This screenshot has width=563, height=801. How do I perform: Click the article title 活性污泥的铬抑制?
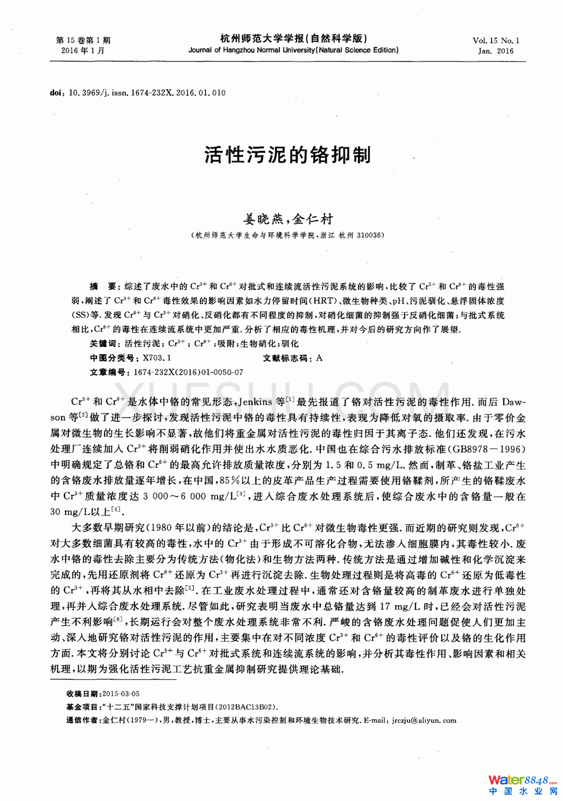click(x=287, y=155)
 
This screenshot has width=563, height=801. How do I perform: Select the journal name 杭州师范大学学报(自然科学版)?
click(x=293, y=38)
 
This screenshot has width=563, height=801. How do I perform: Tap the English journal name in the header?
click(x=293, y=50)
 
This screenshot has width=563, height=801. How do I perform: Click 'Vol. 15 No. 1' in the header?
click(x=496, y=41)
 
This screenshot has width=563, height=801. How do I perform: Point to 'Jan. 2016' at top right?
click(x=496, y=51)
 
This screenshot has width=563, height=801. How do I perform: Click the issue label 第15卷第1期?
click(x=83, y=41)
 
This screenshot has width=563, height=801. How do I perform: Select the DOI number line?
click(x=138, y=93)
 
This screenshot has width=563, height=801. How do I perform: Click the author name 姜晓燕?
click(x=262, y=219)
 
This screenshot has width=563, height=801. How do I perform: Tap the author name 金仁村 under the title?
click(x=313, y=219)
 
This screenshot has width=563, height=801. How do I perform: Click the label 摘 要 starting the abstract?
click(x=103, y=286)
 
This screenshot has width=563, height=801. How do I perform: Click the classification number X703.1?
click(x=157, y=358)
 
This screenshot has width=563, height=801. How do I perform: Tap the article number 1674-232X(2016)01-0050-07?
click(x=188, y=372)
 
